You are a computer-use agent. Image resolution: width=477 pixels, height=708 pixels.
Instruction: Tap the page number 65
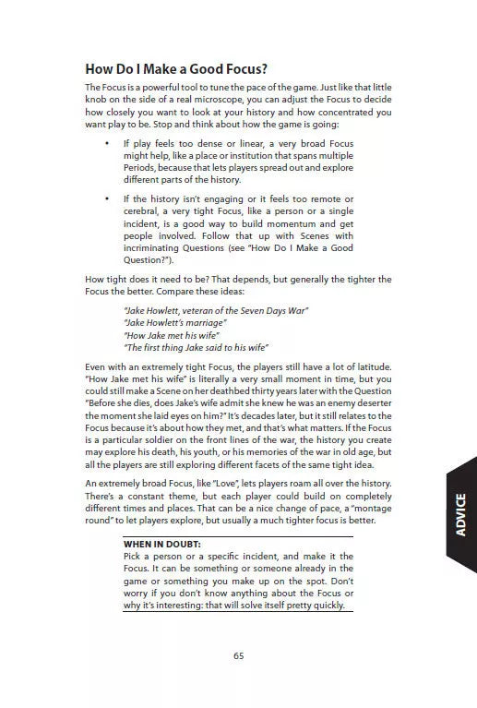coord(238,655)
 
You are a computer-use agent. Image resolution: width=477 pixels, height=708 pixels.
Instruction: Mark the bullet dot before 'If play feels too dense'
coord(107,144)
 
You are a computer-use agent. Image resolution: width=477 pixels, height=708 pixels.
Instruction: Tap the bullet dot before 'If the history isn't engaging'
coord(107,199)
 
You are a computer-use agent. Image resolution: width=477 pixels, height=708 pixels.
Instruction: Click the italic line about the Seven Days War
coord(215,310)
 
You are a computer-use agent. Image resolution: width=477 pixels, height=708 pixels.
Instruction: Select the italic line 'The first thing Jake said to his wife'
coord(195,347)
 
